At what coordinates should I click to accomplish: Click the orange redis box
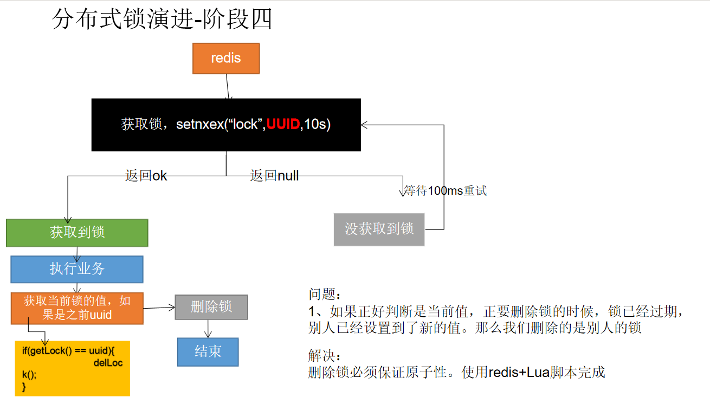coord(226,59)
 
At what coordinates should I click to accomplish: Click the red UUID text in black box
coord(283,124)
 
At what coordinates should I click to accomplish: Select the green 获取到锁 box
coord(77,233)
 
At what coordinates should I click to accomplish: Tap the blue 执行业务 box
coord(77,269)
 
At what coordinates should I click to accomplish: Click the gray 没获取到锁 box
coord(379,229)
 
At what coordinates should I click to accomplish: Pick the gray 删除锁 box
coord(211,307)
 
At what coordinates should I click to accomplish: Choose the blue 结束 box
coord(208,351)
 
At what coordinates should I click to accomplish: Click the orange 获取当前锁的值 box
coord(77,308)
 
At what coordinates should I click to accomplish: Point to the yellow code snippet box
coord(72,368)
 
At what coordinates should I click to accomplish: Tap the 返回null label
coord(274,176)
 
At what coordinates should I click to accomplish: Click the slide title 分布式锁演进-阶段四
coord(162,20)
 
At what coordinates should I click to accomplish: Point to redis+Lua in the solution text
coord(519,373)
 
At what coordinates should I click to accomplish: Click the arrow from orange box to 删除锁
coord(159,308)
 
